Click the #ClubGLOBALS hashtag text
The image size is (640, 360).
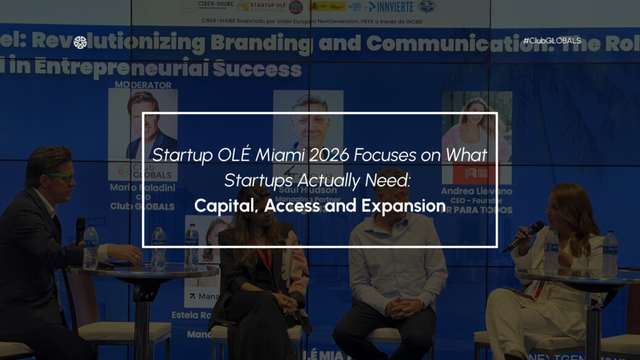[552, 41]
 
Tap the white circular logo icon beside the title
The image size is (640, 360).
[80, 42]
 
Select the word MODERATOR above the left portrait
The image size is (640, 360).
[142, 85]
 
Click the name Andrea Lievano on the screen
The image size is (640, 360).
[477, 192]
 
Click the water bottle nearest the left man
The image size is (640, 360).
[91, 247]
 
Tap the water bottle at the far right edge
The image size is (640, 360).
[610, 253]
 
